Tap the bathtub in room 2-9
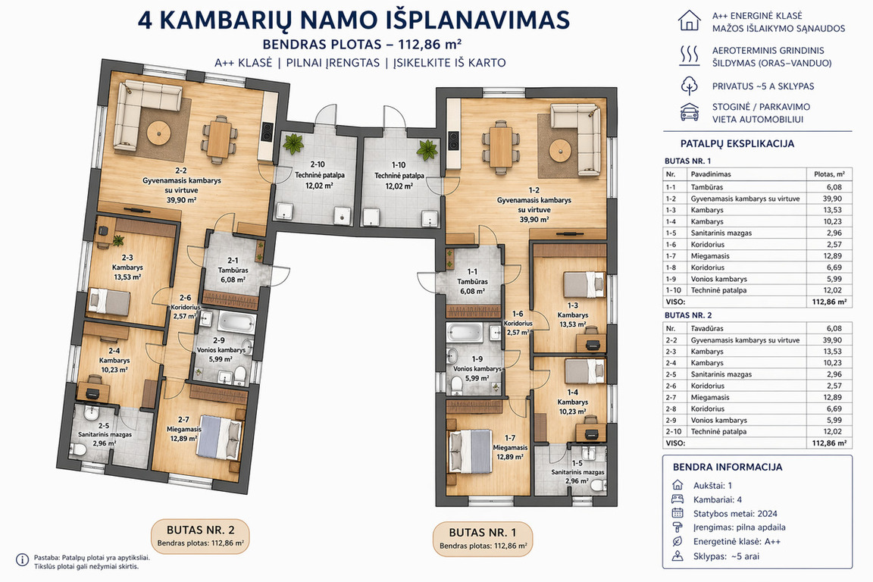[x=236, y=322]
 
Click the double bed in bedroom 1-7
[x=471, y=450]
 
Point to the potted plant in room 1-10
[x=427, y=149]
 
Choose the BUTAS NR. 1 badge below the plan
[x=483, y=538]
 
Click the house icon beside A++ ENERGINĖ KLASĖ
[x=690, y=20]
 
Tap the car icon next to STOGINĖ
[x=690, y=112]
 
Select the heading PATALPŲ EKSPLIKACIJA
[x=737, y=144]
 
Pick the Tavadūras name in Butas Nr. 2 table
[x=707, y=329]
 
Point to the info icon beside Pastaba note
[x=22, y=560]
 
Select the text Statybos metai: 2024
[x=735, y=514]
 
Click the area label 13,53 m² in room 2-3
[x=127, y=277]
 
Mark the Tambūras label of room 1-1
[x=472, y=282]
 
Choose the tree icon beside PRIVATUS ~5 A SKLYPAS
[x=690, y=86]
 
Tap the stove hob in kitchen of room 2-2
[x=268, y=131]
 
